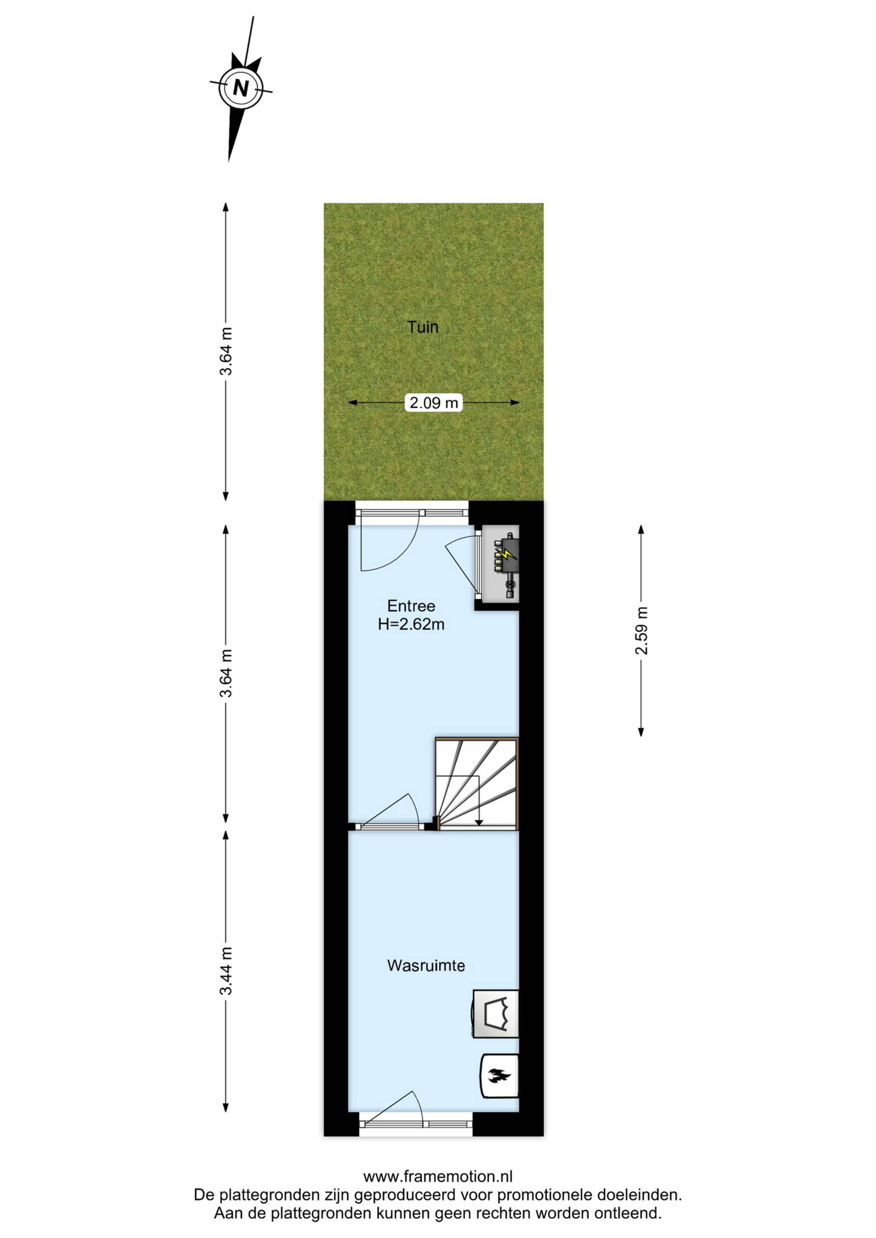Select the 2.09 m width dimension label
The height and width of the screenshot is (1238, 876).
pos(434,402)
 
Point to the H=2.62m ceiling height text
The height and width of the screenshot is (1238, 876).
pos(411,624)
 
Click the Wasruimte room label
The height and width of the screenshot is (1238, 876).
pos(426,965)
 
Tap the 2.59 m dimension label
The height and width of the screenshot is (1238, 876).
pos(641,631)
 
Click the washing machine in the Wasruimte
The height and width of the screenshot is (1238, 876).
pos(495,1014)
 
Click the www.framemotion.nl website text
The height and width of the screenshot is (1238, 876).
pos(438,1176)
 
